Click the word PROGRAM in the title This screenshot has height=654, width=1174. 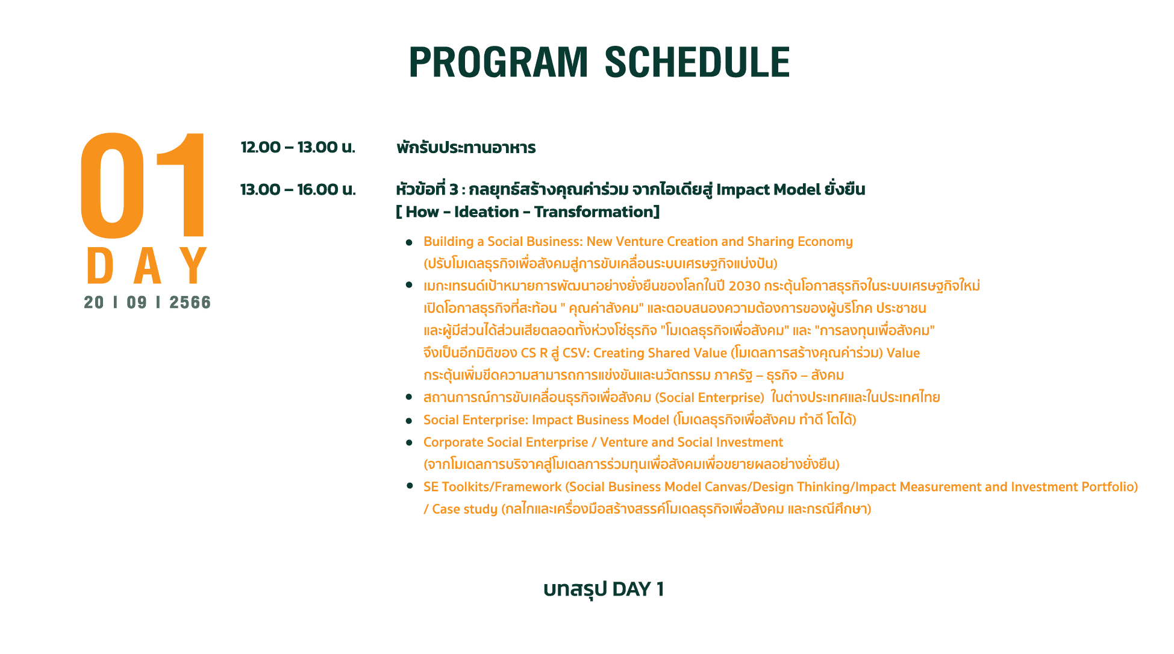tap(498, 62)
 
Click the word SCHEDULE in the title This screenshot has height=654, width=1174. tap(697, 62)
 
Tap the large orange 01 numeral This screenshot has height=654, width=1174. tap(143, 185)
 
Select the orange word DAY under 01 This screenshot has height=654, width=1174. tap(148, 266)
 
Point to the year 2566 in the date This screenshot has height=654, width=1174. tap(190, 303)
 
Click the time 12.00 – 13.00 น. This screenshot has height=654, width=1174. tap(298, 147)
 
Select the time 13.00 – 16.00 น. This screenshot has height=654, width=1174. tap(298, 189)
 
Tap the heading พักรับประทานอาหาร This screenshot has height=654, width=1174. tap(466, 148)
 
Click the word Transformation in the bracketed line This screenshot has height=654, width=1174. tap(593, 212)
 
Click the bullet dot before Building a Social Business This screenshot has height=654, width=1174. tap(410, 242)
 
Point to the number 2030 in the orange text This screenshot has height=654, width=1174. tap(745, 286)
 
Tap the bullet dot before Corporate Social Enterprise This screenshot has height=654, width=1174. tap(410, 442)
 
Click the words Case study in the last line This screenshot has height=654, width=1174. tap(464, 509)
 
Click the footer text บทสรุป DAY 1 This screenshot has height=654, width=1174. tap(604, 589)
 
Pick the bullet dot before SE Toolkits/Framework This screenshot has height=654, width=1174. tap(410, 486)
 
